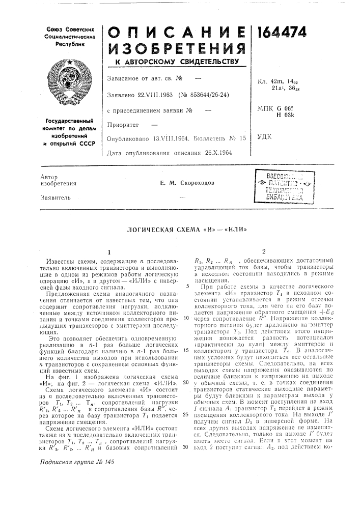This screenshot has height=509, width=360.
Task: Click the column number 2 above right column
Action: [x=264, y=250]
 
